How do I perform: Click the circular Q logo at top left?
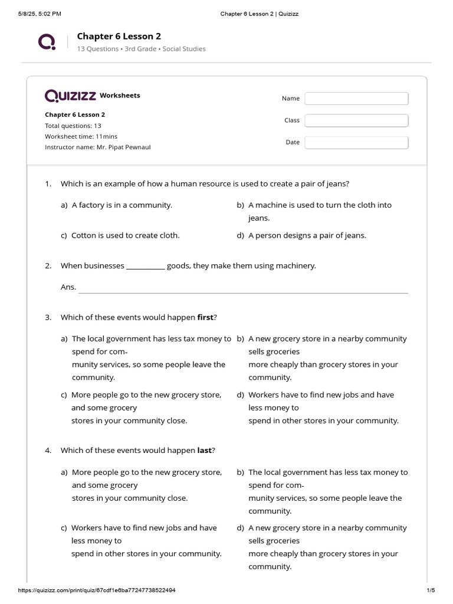tap(47, 42)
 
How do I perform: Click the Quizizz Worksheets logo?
tap(92, 96)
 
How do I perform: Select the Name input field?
tap(356, 99)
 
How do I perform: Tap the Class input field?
tap(356, 120)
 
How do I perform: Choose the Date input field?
tap(356, 142)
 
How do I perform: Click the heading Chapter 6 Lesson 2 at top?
tap(119, 36)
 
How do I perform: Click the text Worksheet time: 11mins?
tap(81, 136)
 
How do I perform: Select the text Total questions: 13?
tap(73, 126)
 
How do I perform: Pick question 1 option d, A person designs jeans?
tap(307, 235)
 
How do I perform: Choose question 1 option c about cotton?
tap(125, 235)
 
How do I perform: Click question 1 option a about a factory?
tap(122, 205)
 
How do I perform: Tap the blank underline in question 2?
tap(145, 267)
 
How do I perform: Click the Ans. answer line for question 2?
tap(243, 288)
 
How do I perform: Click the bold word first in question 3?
tap(205, 317)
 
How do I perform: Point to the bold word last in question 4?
tap(204, 451)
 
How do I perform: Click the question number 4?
tap(48, 451)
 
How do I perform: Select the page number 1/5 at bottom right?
tap(430, 590)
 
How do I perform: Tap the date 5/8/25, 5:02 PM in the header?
tap(40, 14)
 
